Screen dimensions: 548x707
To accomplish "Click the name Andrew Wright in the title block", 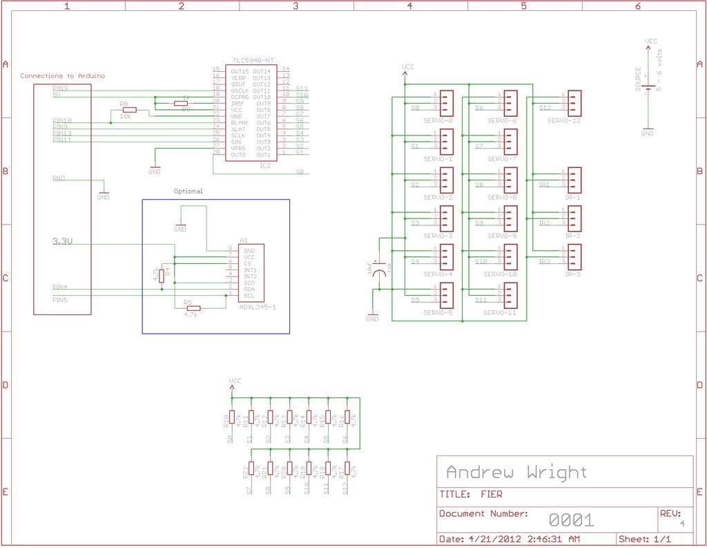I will [516, 473].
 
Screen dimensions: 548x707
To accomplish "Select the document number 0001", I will [571, 520].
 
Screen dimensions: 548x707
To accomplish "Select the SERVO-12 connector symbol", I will [573, 102].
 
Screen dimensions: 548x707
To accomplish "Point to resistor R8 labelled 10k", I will [128, 110].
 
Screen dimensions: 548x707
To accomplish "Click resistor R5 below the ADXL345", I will [193, 308].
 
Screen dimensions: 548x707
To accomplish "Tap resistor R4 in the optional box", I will [162, 276].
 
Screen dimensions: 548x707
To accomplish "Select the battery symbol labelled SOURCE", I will [648, 88].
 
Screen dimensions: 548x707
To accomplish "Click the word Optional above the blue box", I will [188, 191].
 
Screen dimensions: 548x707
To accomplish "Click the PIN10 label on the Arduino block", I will [62, 121].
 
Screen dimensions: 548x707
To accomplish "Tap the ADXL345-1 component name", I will [257, 305].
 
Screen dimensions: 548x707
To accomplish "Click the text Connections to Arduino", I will [63, 76].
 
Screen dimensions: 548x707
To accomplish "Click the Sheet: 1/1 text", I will [645, 539].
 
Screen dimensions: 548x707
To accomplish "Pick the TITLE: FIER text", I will [472, 495].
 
